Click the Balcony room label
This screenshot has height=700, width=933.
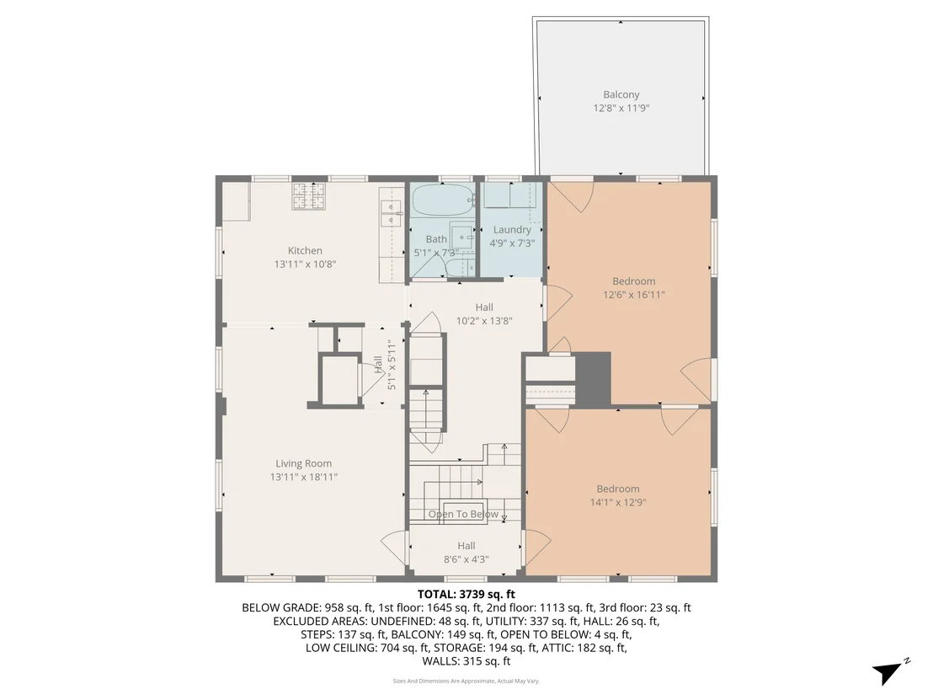pos(621,94)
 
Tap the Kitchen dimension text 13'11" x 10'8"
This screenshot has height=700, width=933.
pos(305,264)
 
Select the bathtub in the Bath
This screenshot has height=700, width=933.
pos(443,200)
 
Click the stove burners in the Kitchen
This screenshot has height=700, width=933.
pos(309,195)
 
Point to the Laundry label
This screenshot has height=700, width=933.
pos(512,229)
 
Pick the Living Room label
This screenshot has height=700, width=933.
pos(303,463)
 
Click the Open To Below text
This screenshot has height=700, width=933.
pos(463,514)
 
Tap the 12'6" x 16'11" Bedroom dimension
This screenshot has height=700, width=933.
pos(634,294)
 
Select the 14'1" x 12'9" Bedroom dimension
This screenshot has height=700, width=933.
pos(617,502)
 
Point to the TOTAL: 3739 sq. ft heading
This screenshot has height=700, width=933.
pos(466,594)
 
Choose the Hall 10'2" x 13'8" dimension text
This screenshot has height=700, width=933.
pos(483,321)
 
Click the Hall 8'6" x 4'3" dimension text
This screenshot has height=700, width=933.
pos(466,559)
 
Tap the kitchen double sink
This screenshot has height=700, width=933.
pos(391,214)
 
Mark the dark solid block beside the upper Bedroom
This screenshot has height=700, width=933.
pos(594,379)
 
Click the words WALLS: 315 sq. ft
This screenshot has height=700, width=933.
pos(466,660)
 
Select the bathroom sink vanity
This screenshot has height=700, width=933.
pos(461,237)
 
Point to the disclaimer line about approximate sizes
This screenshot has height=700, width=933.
pos(466,681)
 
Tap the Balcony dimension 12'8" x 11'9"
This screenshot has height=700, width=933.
pos(621,108)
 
